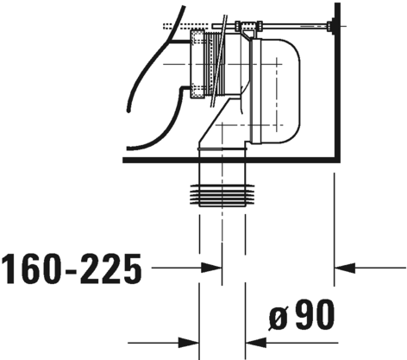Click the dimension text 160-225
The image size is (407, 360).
coord(72,268)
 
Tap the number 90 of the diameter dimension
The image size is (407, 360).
coord(315,314)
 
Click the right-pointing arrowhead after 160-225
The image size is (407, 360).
coord(212,268)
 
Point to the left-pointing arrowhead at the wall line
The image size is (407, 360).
coord(345,268)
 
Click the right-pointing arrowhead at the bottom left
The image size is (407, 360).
coord(189,343)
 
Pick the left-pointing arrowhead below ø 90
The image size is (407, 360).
coord(256,343)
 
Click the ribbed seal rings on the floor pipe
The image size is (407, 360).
coord(222,195)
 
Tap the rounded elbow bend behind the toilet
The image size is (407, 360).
coord(276,91)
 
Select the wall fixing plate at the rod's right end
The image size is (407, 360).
coord(333,26)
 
